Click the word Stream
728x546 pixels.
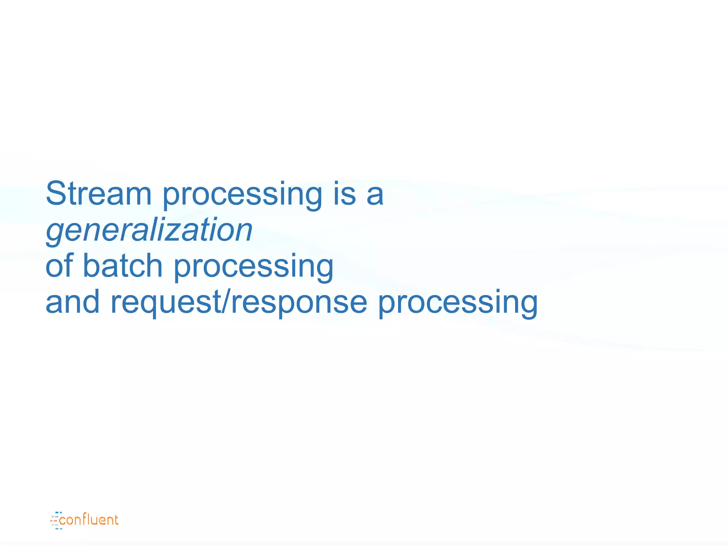tap(98, 194)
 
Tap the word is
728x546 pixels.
tap(344, 194)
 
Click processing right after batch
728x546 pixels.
tap(253, 267)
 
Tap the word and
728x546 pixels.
tap(73, 302)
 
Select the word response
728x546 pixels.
tap(299, 303)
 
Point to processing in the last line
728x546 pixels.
tap(457, 304)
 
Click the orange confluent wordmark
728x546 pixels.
tap(89, 520)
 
